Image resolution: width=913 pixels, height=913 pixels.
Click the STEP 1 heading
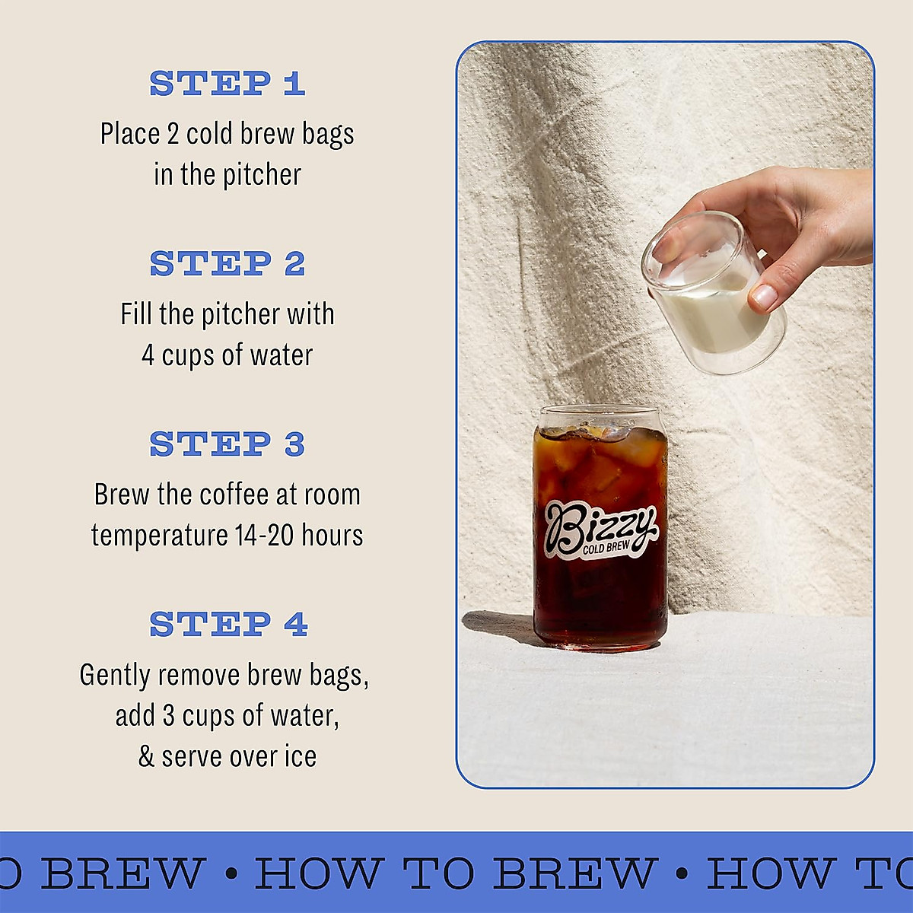[227, 84]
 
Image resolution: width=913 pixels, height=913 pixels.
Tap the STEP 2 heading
[227, 264]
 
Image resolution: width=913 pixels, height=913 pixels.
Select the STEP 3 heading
[227, 444]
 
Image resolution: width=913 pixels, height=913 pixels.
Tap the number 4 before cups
[148, 355]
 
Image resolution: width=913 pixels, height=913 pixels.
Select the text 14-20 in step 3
[264, 536]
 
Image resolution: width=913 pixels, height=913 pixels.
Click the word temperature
[160, 536]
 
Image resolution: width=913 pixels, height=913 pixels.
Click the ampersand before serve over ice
[146, 757]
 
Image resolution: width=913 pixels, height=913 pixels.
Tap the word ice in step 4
[300, 757]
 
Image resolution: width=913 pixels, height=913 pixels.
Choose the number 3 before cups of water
[167, 716]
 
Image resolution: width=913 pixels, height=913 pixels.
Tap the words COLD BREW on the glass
[606, 548]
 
